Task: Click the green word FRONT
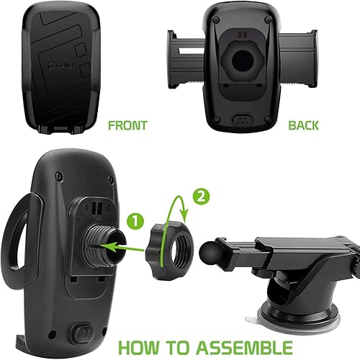tap(127, 125)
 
